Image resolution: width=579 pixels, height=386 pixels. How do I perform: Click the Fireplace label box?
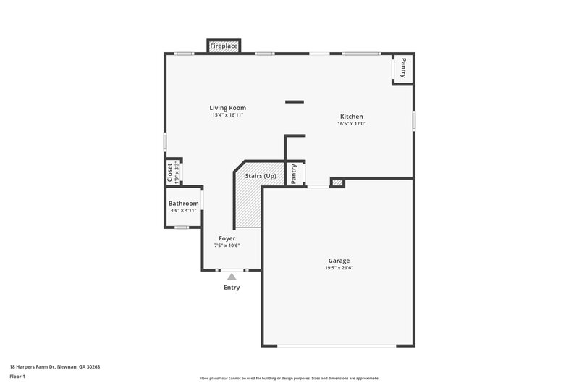click(x=224, y=46)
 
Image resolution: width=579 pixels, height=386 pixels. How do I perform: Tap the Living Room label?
click(x=227, y=108)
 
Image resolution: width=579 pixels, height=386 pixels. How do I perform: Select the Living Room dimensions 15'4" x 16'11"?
click(x=227, y=115)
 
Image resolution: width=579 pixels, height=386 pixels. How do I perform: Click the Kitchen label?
click(x=352, y=117)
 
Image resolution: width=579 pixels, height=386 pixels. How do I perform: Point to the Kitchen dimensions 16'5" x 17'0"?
click(x=352, y=124)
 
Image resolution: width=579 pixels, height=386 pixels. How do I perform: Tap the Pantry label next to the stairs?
click(x=294, y=174)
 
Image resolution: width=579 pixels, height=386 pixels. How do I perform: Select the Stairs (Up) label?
click(x=261, y=176)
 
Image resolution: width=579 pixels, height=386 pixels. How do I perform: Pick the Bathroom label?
click(x=184, y=204)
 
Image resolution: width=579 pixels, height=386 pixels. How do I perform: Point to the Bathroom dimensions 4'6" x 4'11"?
click(x=184, y=211)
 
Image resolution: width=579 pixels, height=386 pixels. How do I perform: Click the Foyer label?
click(x=227, y=238)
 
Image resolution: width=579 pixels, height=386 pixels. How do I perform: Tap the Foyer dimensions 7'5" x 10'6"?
click(x=227, y=246)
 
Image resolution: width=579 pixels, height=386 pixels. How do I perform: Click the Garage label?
click(x=339, y=261)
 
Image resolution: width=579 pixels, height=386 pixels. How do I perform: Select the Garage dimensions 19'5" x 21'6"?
click(x=339, y=268)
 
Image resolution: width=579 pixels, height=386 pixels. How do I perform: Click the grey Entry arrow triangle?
click(x=232, y=276)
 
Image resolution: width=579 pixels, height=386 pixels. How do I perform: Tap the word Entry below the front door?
click(x=232, y=288)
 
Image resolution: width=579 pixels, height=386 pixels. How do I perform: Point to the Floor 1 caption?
click(x=17, y=377)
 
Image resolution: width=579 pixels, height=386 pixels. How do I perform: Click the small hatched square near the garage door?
click(x=337, y=182)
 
